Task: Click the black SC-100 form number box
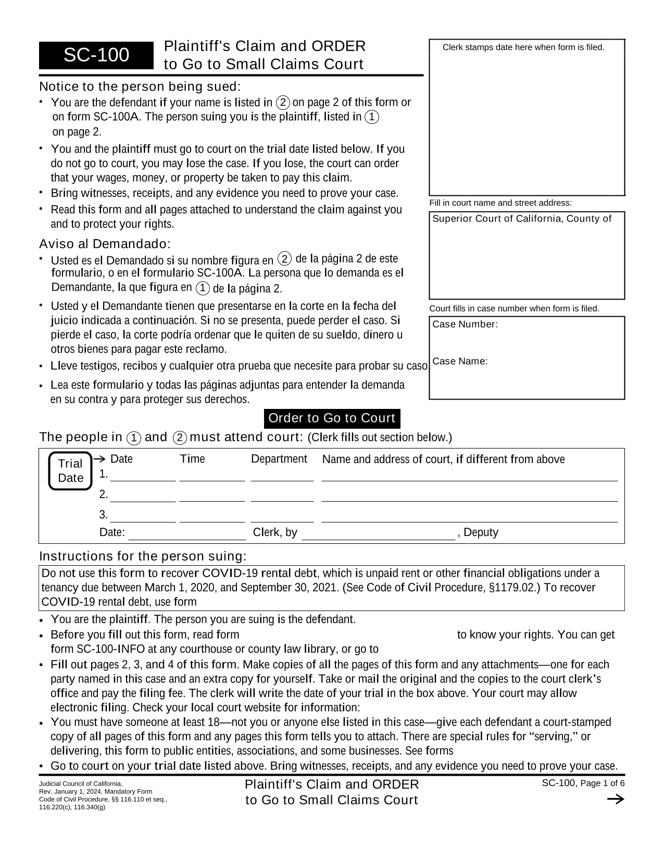(96, 55)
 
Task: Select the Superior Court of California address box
(527, 255)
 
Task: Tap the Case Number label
(465, 325)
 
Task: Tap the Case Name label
(460, 361)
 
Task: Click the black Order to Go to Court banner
(332, 418)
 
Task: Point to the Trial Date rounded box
(70, 471)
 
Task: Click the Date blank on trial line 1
(143, 475)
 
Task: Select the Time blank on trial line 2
(212, 495)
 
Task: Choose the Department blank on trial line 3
(282, 516)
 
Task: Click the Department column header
(279, 459)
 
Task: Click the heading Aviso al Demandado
(105, 244)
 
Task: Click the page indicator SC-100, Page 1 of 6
(583, 783)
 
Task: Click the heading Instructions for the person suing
(143, 556)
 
